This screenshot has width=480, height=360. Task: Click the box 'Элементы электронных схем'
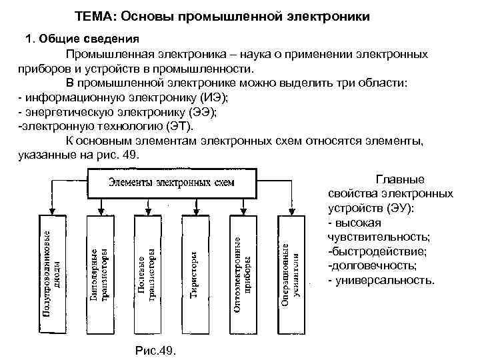coord(171,183)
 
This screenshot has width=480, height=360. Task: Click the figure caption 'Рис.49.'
coord(155,350)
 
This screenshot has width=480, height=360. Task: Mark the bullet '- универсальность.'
coord(382,280)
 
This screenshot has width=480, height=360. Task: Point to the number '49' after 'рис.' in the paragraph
coord(131,155)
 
